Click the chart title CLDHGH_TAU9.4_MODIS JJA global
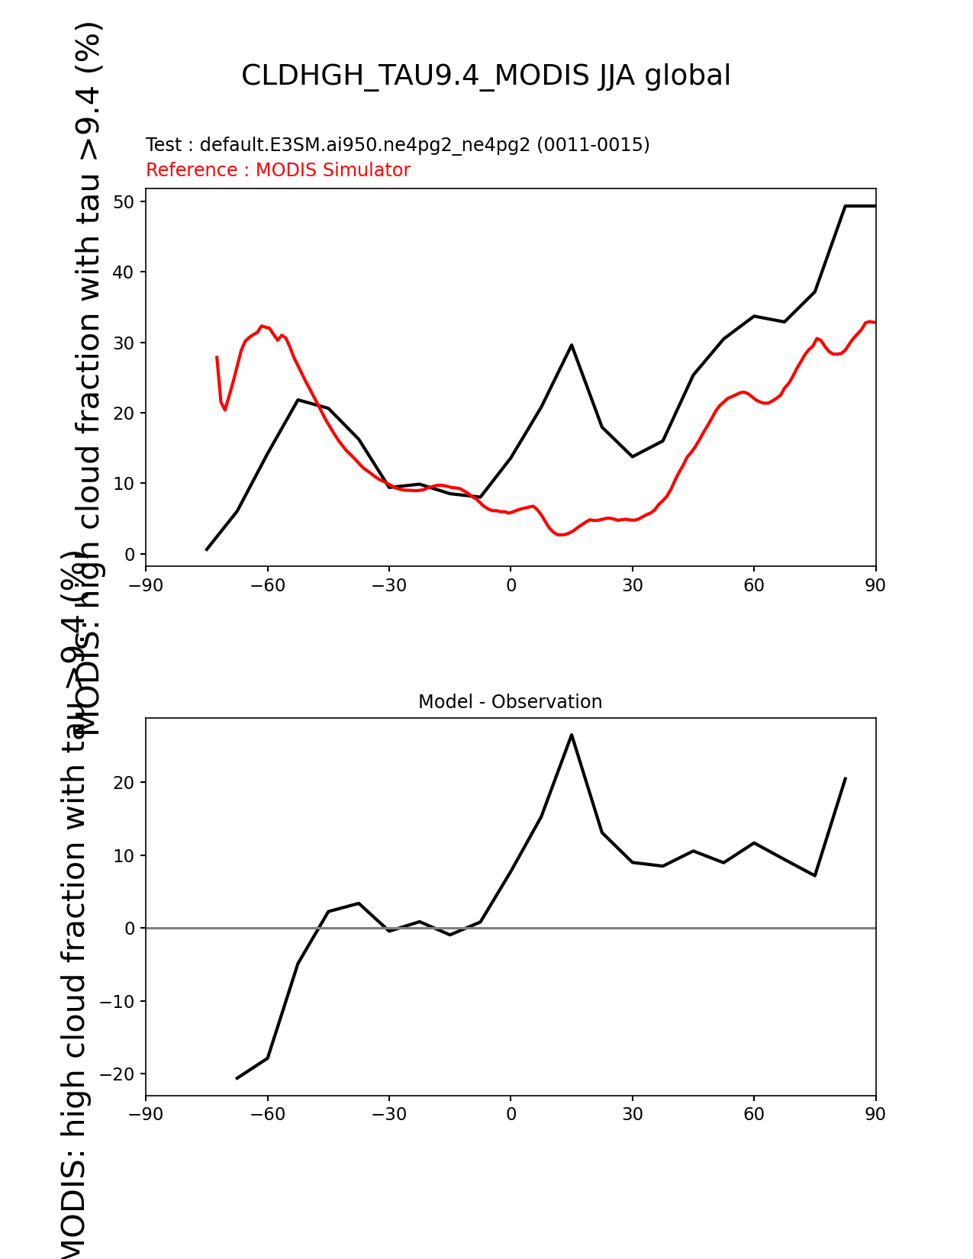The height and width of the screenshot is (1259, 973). tap(485, 76)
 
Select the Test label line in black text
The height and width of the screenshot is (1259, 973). tap(398, 145)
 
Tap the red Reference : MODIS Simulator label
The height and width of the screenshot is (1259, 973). tap(278, 170)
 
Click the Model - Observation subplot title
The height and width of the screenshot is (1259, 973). tap(510, 702)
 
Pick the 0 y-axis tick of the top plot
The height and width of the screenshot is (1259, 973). tap(130, 555)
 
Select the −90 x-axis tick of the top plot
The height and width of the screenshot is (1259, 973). tap(146, 585)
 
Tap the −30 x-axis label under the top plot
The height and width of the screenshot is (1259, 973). tap(388, 585)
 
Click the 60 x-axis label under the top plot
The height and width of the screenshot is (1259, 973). tap(754, 585)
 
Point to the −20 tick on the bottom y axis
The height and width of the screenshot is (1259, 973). tap(118, 1074)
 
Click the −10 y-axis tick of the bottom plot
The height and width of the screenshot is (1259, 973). tap(118, 1002)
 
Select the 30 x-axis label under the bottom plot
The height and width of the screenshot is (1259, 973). tap(633, 1114)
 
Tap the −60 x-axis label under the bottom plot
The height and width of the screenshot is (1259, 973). tap(267, 1114)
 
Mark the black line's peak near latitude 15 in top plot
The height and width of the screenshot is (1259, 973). tap(572, 345)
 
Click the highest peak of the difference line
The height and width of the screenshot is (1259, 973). tap(572, 735)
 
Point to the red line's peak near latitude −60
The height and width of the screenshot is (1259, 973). tap(262, 326)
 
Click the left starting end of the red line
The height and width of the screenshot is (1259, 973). tap(217, 356)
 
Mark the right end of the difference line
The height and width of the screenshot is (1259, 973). tap(846, 778)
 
